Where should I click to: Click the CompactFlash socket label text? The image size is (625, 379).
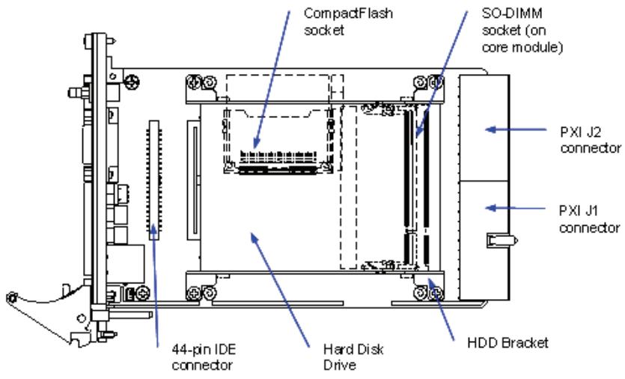[x=348, y=22]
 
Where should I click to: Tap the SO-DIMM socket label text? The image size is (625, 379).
[x=522, y=30]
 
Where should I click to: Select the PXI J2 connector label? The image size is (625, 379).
[x=591, y=140]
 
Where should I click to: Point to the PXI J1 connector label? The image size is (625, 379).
[x=589, y=219]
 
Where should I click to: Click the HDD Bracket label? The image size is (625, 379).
[x=507, y=343]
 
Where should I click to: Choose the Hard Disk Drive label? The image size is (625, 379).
[x=353, y=357]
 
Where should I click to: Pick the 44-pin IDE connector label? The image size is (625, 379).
[x=204, y=357]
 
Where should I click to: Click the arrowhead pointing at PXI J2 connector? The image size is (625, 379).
[x=491, y=129]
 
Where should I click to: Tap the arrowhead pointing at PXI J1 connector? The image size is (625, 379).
[x=491, y=208]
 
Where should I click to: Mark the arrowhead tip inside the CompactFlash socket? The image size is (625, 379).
[x=255, y=148]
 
